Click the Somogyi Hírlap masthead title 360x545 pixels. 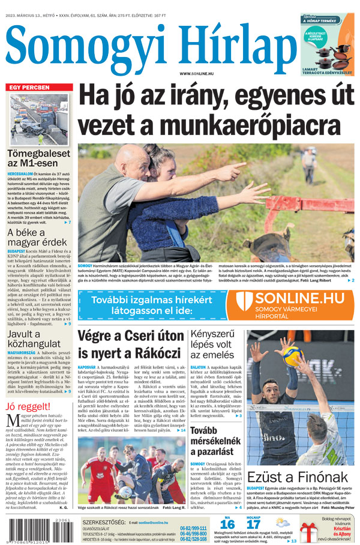click(x=147, y=45)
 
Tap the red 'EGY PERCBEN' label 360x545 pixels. click(x=28, y=88)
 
